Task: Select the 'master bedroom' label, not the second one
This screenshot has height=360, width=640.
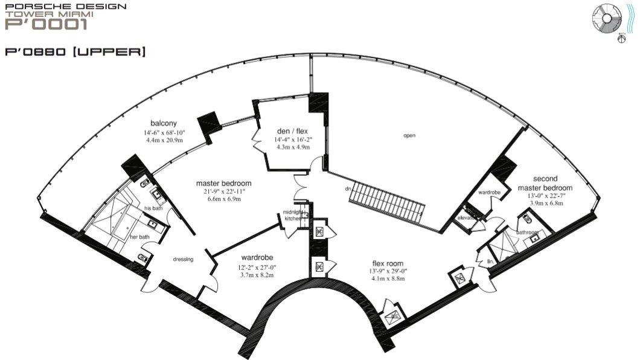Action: click(x=223, y=183)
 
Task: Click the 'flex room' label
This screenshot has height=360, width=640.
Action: click(x=387, y=263)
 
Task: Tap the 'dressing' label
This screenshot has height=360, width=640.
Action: click(x=183, y=260)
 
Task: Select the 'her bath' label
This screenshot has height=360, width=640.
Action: click(x=141, y=237)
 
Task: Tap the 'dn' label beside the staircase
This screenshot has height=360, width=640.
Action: click(x=348, y=189)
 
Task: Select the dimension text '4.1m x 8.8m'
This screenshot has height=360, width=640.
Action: click(x=387, y=279)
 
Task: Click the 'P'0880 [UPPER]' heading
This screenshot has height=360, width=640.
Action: click(x=75, y=53)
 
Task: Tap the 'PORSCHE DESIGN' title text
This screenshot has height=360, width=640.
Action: click(x=65, y=7)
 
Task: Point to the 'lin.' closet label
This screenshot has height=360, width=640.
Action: click(x=490, y=262)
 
